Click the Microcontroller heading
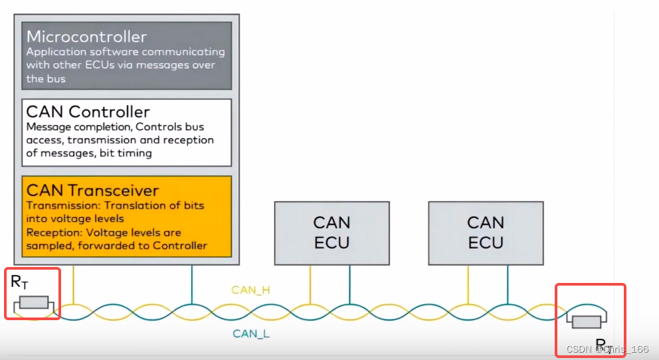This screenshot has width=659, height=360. [x=86, y=37]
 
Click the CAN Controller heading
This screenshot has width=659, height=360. [x=88, y=112]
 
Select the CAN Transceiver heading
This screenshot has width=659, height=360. [x=92, y=190]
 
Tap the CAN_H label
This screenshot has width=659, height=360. [x=250, y=290]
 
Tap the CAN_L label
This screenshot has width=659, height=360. [x=251, y=333]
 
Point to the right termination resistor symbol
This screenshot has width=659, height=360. [x=587, y=322]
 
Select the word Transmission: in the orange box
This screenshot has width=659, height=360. [x=58, y=205]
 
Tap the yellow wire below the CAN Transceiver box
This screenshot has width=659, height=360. [x=73, y=282]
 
